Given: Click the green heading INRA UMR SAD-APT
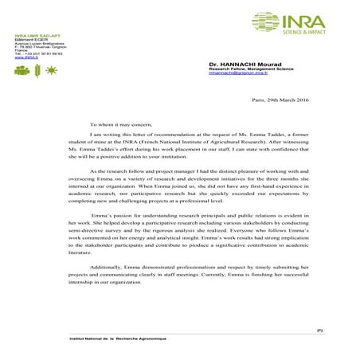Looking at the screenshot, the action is [36, 37].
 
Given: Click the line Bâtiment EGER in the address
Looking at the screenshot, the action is [29, 41].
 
